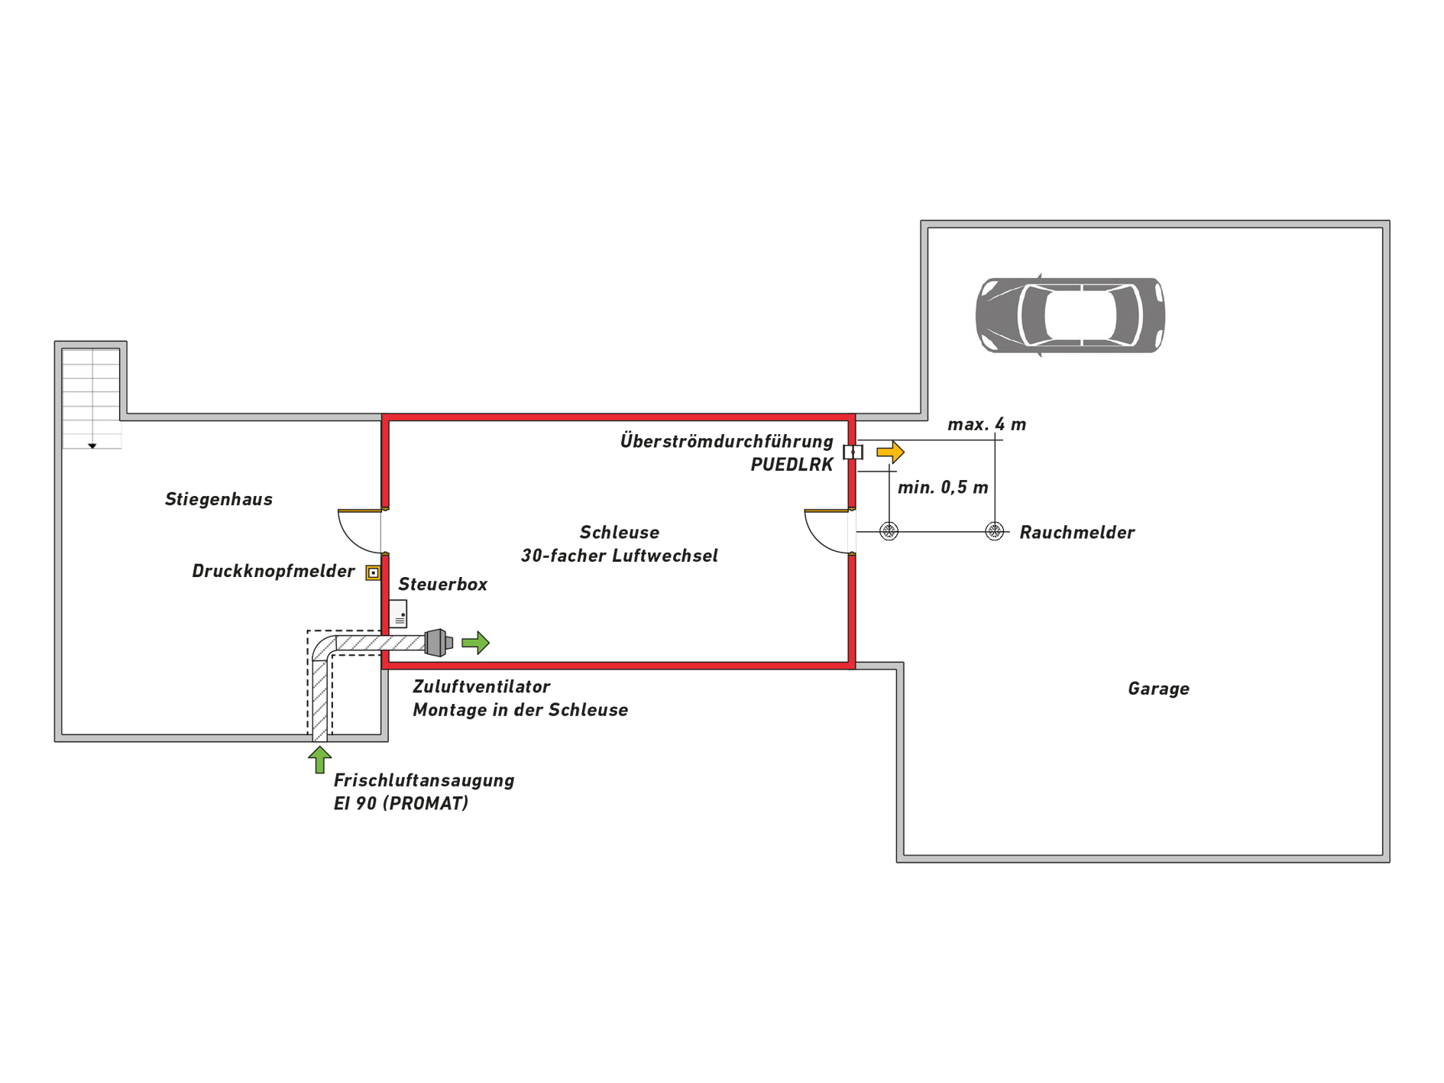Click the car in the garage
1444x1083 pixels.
[x=1070, y=315]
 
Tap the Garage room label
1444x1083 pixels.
[x=1158, y=689]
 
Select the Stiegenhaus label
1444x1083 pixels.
[x=219, y=499]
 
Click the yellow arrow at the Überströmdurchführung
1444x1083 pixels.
[x=890, y=452]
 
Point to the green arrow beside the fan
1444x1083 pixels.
[x=475, y=642]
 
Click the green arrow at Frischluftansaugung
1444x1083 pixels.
[x=319, y=760]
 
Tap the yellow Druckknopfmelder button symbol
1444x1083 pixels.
[x=373, y=572]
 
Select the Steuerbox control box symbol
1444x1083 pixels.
[x=398, y=613]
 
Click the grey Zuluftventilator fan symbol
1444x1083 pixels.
[x=438, y=642]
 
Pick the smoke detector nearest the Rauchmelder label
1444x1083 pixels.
[x=994, y=531]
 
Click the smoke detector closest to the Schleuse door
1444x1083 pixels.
[x=889, y=531]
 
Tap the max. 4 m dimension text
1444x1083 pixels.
[x=986, y=424]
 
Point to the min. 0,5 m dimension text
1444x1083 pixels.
[x=943, y=488]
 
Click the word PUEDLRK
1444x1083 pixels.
[x=792, y=465]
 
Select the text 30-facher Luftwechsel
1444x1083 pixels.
[x=619, y=556]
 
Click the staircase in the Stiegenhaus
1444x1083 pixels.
[x=92, y=397]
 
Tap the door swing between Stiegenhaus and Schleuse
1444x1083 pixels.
[x=360, y=530]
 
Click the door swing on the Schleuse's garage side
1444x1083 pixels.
[x=827, y=530]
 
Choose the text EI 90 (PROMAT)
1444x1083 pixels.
[x=401, y=803]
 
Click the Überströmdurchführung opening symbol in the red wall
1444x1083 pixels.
[x=853, y=452]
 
